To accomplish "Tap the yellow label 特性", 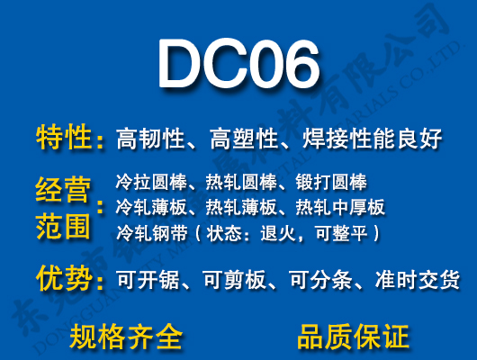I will pyautogui.click(x=63, y=138).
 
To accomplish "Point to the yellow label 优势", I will pyautogui.click(x=63, y=278).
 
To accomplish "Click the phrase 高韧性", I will pyautogui.click(x=150, y=139).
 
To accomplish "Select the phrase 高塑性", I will pyautogui.click(x=240, y=139).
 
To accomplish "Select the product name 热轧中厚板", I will pyautogui.click(x=339, y=208).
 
